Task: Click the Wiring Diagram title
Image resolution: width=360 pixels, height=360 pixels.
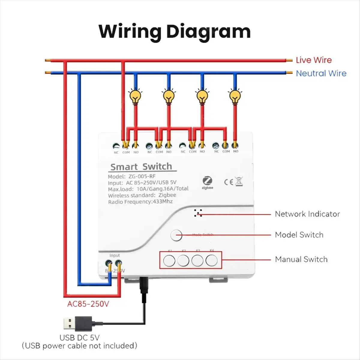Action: click(x=175, y=31)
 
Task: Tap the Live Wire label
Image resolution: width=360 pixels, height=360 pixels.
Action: click(x=313, y=60)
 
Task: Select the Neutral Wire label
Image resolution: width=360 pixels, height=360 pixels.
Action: click(x=321, y=73)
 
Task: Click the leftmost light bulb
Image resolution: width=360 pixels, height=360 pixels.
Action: click(x=135, y=96)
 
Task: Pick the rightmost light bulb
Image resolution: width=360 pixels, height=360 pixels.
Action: click(x=235, y=96)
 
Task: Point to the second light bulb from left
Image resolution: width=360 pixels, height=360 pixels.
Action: click(x=169, y=96)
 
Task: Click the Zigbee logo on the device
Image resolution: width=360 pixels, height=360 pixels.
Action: click(x=207, y=182)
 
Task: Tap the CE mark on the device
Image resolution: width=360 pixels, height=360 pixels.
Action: click(x=229, y=182)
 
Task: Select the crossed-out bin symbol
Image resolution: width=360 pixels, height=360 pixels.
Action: click(x=239, y=181)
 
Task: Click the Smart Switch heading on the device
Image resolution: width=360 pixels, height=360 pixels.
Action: click(x=141, y=167)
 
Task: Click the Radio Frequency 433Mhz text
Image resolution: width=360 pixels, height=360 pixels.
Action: click(x=140, y=202)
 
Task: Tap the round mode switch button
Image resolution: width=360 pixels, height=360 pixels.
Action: click(x=176, y=235)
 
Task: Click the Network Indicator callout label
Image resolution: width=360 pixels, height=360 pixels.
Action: click(x=307, y=214)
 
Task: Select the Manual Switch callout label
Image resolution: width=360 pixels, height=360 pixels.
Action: click(x=301, y=259)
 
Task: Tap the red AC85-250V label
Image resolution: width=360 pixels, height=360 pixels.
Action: click(x=88, y=304)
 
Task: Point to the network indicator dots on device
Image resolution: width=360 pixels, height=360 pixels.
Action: click(x=198, y=213)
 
